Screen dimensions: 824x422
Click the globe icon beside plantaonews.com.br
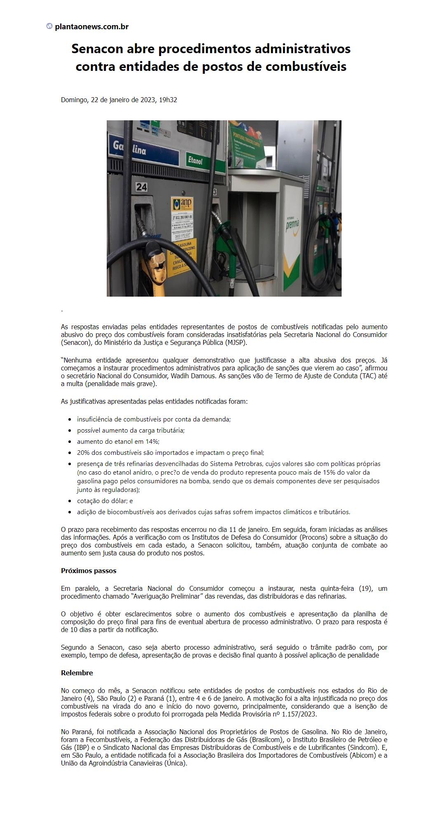(49, 26)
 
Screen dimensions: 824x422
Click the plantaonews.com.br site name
(91, 27)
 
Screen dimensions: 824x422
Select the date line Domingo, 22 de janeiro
(119, 100)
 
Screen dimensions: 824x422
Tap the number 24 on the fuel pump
(141, 187)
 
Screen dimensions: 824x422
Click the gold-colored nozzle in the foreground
(158, 264)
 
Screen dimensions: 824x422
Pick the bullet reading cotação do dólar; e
(105, 501)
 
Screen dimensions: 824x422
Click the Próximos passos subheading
(89, 571)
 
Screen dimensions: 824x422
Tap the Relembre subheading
(77, 673)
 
